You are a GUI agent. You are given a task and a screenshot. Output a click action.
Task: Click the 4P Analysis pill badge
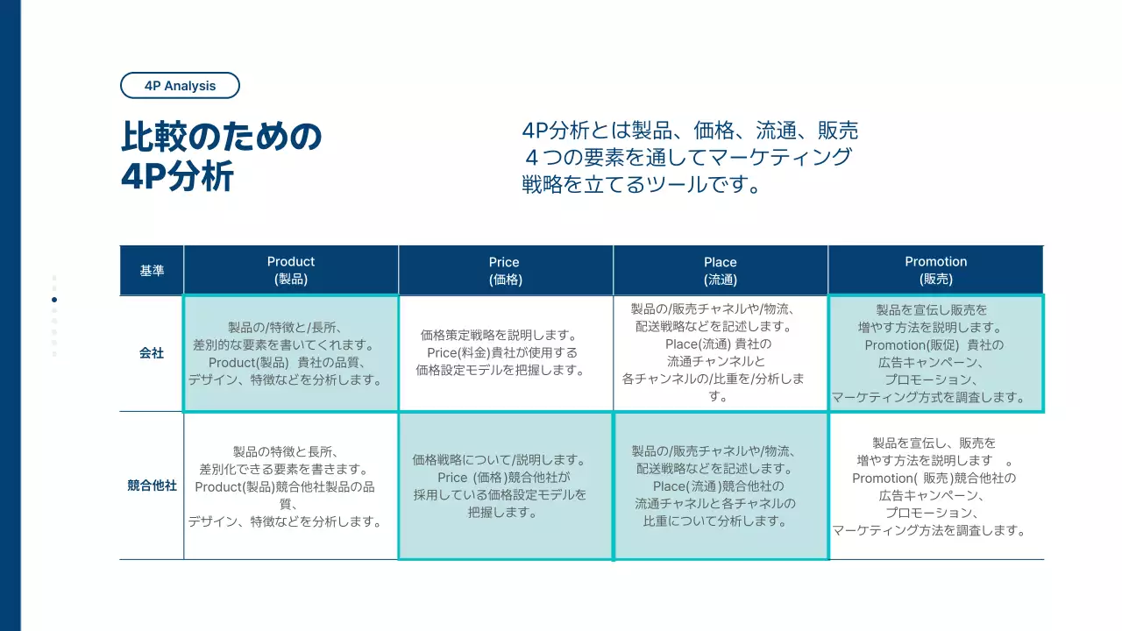point(180,86)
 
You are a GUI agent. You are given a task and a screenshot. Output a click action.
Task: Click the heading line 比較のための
point(222,138)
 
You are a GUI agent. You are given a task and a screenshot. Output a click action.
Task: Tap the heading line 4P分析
point(178,177)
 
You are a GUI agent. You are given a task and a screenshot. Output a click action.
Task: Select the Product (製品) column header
point(291,270)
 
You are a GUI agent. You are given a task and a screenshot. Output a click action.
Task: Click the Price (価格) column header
point(505,270)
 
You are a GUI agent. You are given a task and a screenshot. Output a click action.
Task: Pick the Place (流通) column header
point(720,270)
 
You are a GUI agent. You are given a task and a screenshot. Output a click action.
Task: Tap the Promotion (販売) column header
point(935,270)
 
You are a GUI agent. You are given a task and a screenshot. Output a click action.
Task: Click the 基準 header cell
point(152,271)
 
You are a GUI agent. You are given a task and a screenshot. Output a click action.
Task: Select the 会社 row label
point(152,353)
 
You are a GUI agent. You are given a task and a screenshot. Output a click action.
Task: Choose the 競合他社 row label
point(152,485)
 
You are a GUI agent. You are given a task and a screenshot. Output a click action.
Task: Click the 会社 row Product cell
point(290,353)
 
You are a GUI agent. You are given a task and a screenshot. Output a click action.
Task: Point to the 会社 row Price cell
point(505,353)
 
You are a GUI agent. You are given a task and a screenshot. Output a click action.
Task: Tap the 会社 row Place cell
point(720,353)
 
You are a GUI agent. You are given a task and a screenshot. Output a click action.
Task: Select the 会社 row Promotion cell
point(935,353)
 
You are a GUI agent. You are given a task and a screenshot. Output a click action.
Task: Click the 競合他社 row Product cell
point(290,486)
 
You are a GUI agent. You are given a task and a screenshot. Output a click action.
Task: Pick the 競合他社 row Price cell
point(505,486)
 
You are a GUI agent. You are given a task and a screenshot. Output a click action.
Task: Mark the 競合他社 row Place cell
point(720,486)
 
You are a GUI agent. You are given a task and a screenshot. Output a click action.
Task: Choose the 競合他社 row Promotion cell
point(935,486)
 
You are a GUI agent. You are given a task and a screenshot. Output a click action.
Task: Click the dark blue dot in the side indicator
point(54,300)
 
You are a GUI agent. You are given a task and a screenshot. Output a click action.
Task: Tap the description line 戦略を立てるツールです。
point(641,185)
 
